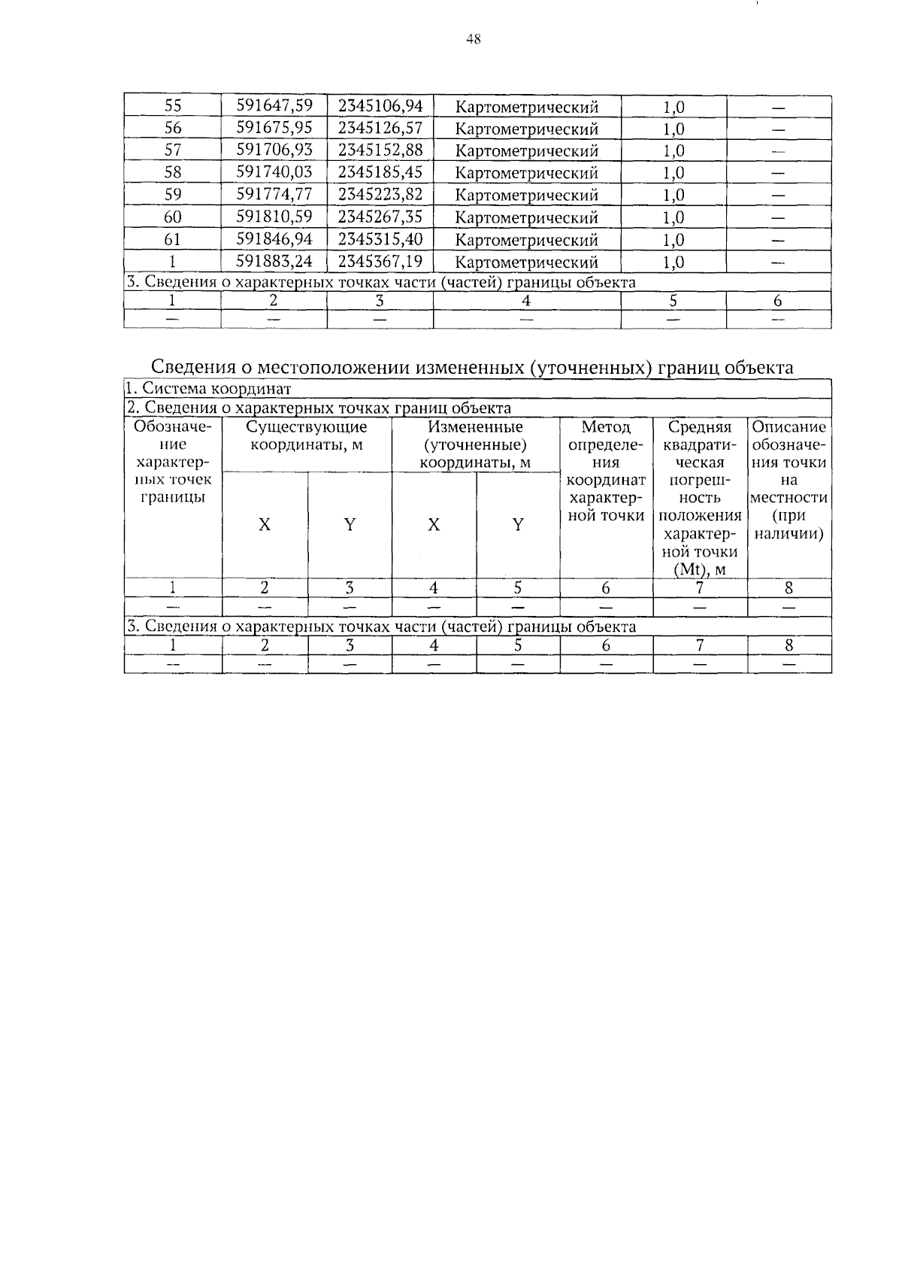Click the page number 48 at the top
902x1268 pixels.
[473, 40]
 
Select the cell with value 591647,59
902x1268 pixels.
[274, 106]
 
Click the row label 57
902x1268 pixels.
[173, 150]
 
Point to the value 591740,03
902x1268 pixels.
[274, 172]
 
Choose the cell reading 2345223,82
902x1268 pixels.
[380, 195]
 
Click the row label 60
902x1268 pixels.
[173, 217]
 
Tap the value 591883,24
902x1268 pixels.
[274, 262]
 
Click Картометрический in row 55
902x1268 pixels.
[527, 107]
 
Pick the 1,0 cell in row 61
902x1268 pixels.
[673, 240]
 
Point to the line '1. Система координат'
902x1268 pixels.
[208, 389]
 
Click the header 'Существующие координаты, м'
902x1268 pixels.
[307, 436]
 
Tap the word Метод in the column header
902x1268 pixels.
[606, 427]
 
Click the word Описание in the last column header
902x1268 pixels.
[788, 427]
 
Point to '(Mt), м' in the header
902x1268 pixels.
[699, 569]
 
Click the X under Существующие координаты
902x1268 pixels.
[265, 525]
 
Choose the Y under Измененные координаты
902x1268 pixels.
[518, 525]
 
